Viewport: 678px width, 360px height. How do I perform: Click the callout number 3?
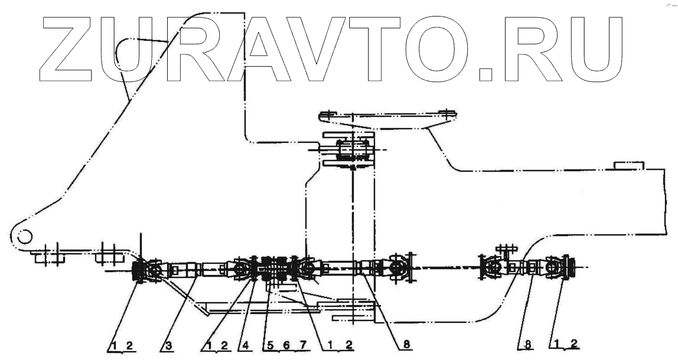pyautogui.click(x=168, y=345)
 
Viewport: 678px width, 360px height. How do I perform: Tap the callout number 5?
pyautogui.click(x=266, y=345)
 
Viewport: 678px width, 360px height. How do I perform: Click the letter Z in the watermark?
pyautogui.click(x=66, y=48)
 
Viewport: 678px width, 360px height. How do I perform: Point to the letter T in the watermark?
pyautogui.click(x=375, y=48)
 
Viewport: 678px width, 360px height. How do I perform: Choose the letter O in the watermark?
pyautogui.click(x=439, y=48)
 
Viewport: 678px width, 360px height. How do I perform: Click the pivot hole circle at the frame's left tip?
pyautogui.click(x=24, y=236)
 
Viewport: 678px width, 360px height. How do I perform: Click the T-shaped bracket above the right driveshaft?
pyautogui.click(x=506, y=248)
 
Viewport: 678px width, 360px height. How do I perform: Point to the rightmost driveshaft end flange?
pyautogui.click(x=571, y=269)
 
